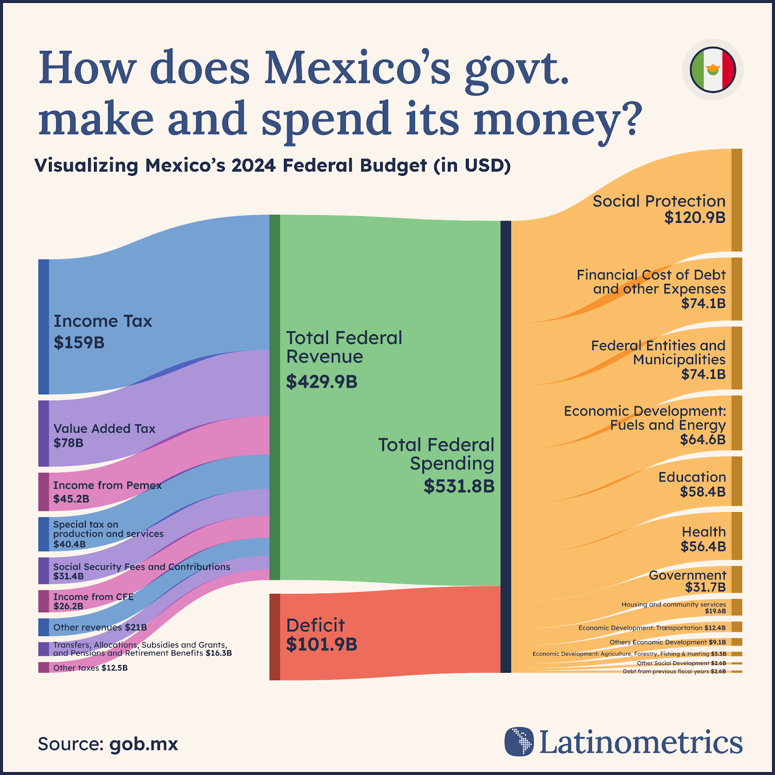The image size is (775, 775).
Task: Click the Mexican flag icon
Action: tap(713, 70)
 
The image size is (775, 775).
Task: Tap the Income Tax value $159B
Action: tap(79, 342)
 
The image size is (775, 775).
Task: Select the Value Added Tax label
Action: tap(104, 429)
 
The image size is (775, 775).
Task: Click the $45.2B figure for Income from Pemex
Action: tap(71, 499)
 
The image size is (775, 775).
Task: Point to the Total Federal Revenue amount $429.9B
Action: tap(322, 382)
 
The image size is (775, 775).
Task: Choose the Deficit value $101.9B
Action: tap(322, 645)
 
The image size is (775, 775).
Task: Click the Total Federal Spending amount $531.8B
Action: tap(459, 486)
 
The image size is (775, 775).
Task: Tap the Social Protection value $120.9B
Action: tap(695, 217)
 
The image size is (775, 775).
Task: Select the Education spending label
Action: tap(692, 477)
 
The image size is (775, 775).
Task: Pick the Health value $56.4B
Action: tap(703, 547)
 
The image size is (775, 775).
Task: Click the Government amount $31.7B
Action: tap(705, 588)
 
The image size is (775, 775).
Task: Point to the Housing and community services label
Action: tap(673, 604)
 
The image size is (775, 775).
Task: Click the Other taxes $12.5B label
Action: tap(91, 668)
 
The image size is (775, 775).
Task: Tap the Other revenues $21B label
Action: tap(100, 627)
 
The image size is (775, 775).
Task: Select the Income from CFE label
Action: tap(93, 597)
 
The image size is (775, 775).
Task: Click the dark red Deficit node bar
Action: tap(275, 637)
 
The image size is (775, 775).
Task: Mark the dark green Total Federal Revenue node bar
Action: tap(275, 397)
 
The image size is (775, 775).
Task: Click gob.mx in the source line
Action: tap(144, 744)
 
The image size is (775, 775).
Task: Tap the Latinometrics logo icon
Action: tap(519, 742)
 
